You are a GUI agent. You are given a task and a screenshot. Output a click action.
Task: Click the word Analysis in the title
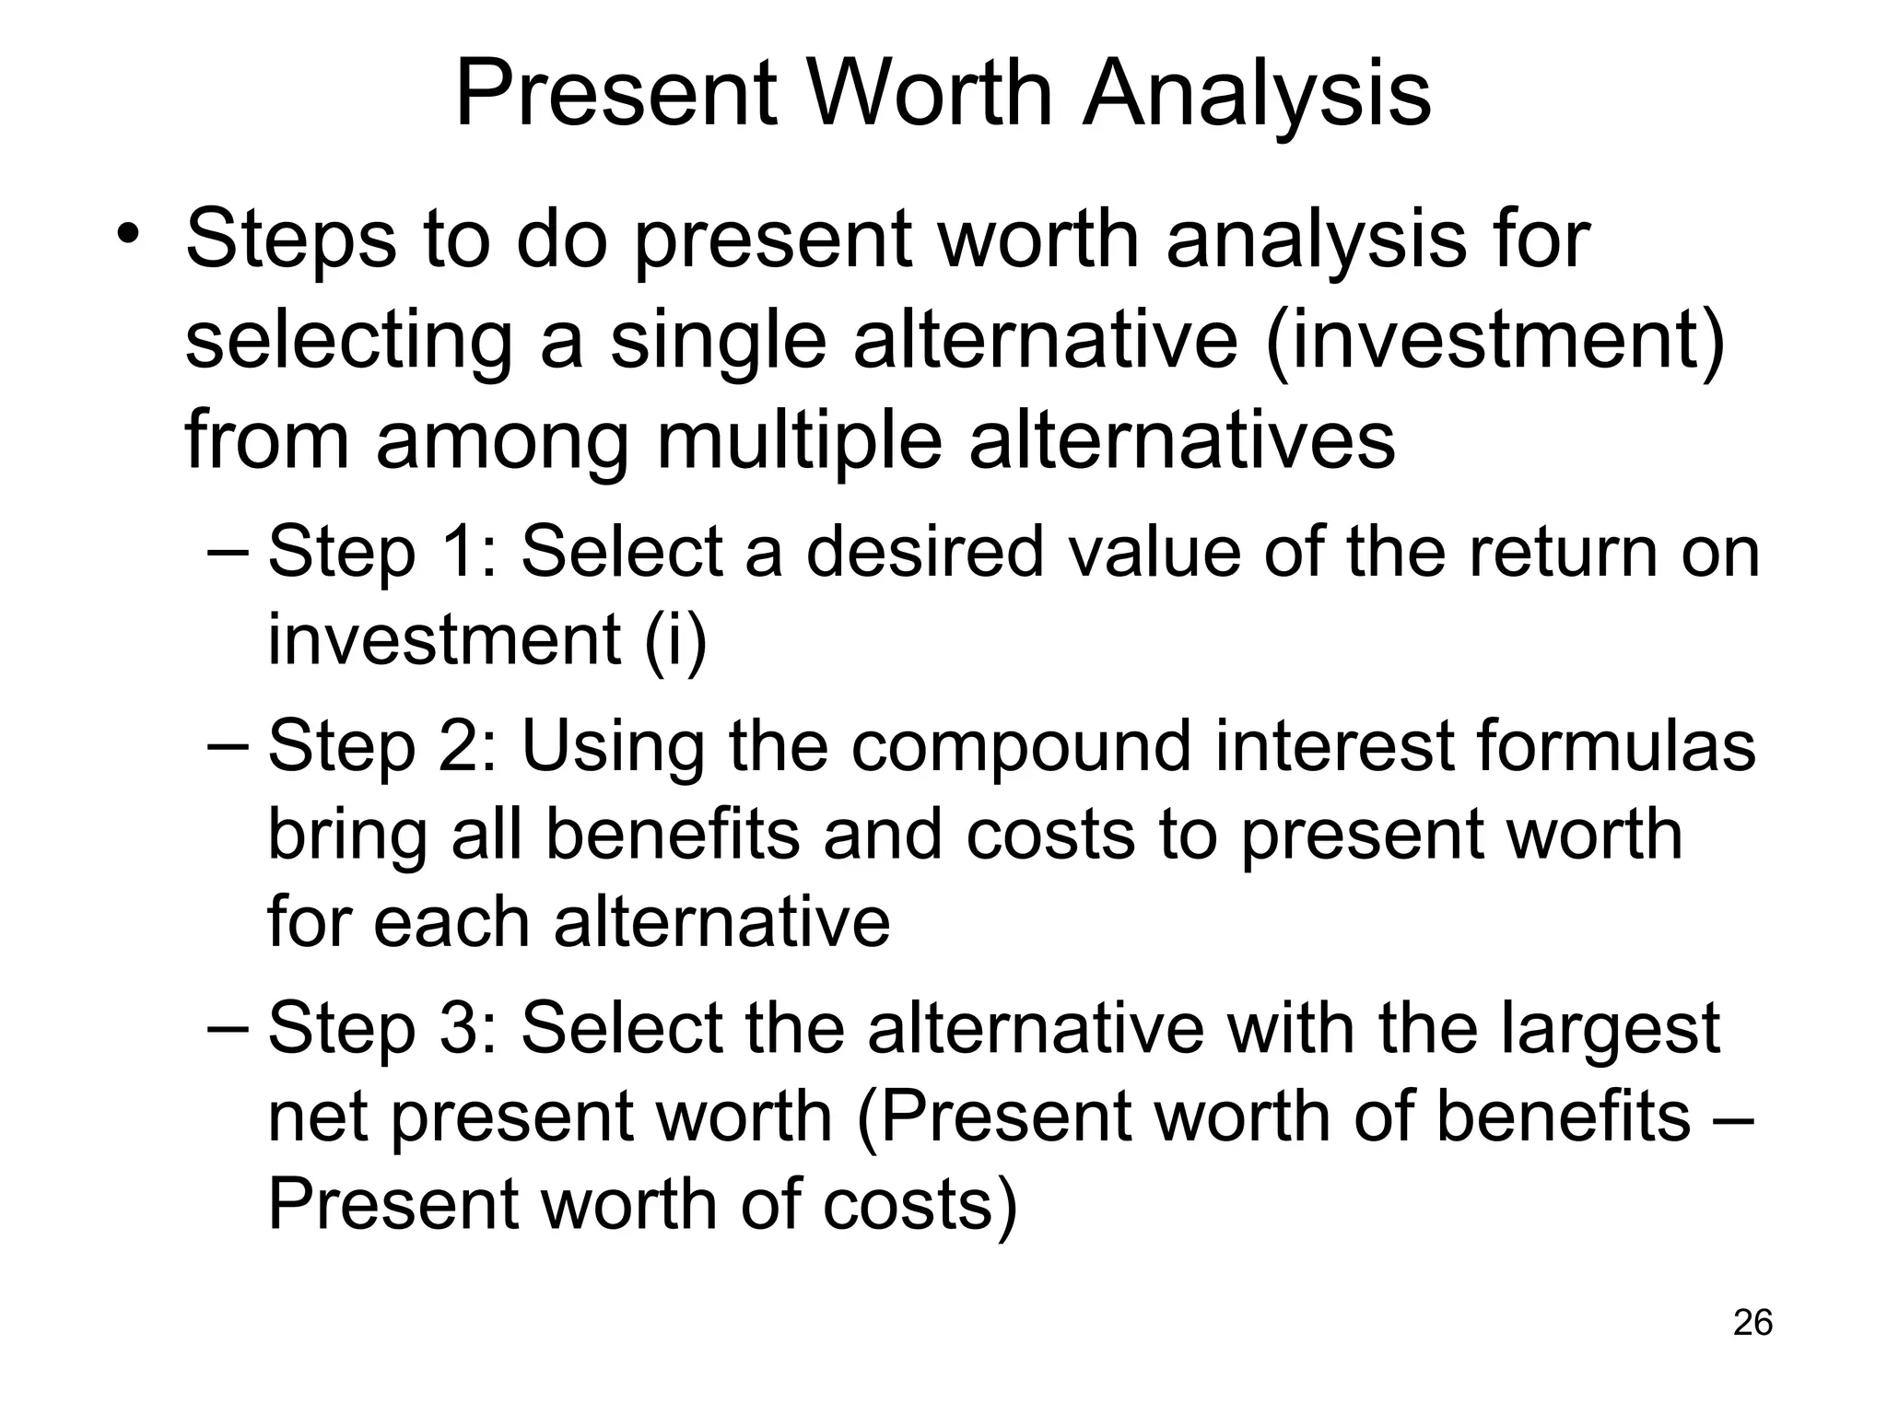coord(1257,94)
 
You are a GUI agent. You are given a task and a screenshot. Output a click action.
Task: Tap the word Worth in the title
coord(931,94)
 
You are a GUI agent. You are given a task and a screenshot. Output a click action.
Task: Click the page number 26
coord(1752,1322)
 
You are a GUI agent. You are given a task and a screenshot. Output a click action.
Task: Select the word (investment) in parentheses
coord(1494,339)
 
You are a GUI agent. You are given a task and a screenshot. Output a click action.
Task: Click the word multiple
coord(799,439)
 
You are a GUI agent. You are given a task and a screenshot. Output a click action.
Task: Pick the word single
coord(718,339)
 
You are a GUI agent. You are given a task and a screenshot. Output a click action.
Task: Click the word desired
coord(925,551)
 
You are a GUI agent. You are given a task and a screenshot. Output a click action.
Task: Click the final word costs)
coord(920,1204)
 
